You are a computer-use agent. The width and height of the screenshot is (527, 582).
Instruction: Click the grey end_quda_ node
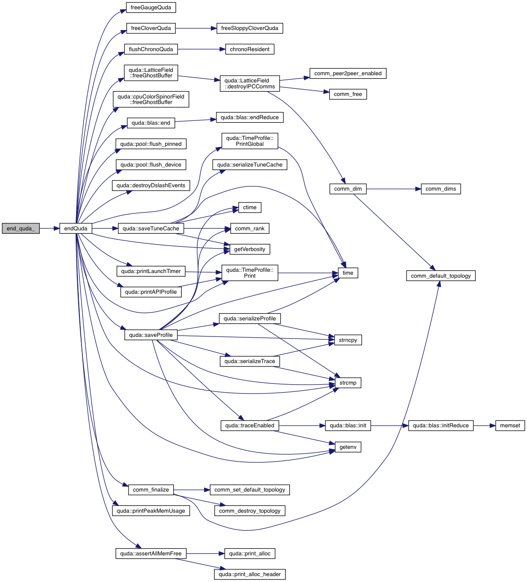(21, 229)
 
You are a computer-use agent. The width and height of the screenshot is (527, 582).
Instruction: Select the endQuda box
(76, 229)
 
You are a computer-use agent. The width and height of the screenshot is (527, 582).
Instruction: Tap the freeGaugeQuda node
(151, 8)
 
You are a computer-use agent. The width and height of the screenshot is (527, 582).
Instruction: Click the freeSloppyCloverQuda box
(249, 28)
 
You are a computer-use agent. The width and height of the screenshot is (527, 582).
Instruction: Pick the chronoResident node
(249, 49)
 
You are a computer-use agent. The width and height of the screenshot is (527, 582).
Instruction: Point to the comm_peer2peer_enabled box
(347, 74)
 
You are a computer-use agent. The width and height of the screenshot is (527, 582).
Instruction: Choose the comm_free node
(348, 94)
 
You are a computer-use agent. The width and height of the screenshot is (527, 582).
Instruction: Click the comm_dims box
(440, 189)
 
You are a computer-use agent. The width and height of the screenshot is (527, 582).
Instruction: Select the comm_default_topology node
(440, 276)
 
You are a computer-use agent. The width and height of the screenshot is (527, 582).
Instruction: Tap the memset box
(510, 426)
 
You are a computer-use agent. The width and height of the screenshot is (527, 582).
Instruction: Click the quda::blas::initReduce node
(440, 426)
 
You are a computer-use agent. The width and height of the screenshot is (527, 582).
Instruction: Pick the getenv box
(348, 447)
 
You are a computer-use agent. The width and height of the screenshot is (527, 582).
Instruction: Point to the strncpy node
(348, 340)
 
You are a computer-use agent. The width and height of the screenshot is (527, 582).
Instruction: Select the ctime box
(249, 208)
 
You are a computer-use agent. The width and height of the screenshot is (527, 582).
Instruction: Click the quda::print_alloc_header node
(249, 574)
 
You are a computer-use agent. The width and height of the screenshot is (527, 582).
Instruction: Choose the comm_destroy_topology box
(249, 511)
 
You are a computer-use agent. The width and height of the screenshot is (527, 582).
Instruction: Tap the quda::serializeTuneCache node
(249, 165)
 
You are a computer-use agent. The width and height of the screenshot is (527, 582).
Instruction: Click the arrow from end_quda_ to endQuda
(49, 229)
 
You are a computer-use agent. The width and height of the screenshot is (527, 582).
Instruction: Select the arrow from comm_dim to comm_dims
(393, 189)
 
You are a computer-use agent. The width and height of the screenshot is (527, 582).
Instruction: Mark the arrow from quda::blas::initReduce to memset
(484, 426)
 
